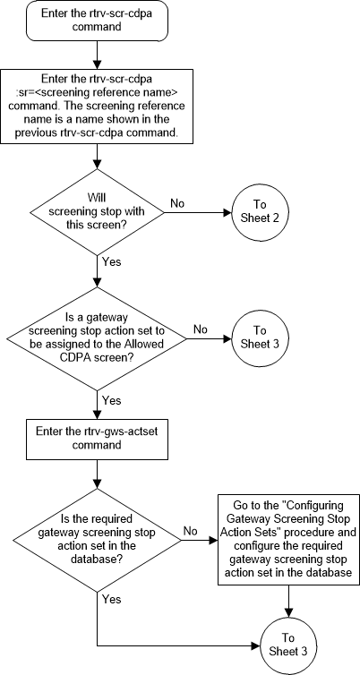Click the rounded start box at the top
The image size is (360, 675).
96,21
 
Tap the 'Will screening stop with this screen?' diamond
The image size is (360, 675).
96,213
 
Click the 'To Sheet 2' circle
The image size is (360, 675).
259,213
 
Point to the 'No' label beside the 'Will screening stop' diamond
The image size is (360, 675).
178,204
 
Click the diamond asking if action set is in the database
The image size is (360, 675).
96,541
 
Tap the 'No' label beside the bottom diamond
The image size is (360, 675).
191,531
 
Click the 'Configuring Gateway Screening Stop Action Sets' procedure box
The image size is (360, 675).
287,540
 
